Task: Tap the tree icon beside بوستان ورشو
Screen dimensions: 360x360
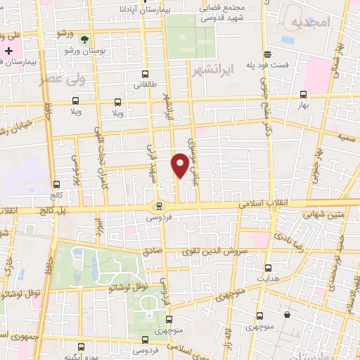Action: (x=85, y=39)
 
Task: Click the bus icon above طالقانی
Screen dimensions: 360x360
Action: (x=145, y=73)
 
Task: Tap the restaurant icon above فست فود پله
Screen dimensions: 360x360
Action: (x=266, y=54)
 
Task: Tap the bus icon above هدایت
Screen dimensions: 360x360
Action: (x=268, y=267)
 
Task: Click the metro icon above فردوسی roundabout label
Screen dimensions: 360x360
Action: (x=160, y=206)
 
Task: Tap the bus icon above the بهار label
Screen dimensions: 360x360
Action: (x=303, y=94)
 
